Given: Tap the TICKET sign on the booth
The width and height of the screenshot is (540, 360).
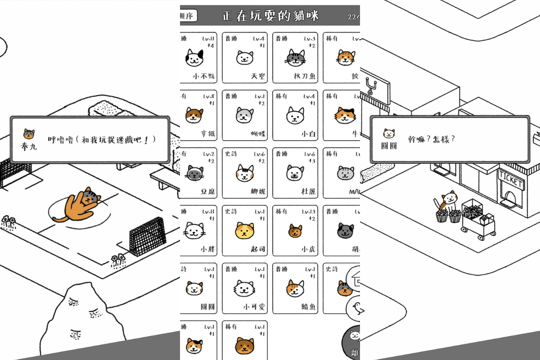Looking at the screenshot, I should (x=511, y=181).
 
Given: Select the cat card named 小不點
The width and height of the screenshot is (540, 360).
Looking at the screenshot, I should (x=198, y=58).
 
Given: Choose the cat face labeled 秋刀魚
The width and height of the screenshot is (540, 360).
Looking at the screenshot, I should (x=295, y=57).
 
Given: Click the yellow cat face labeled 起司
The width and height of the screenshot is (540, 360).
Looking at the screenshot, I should (x=244, y=231).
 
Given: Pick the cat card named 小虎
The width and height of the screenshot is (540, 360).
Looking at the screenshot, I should (x=295, y=230).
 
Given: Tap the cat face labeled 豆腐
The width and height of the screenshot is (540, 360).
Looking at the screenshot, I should (x=194, y=173).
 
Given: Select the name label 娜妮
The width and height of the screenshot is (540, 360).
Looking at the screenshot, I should (x=257, y=192).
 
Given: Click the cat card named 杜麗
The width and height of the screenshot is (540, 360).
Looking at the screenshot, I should (x=295, y=173).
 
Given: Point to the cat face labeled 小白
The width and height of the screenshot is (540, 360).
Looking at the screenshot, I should (x=295, y=116).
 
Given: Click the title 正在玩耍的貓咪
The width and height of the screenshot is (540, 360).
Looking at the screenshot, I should (x=270, y=16).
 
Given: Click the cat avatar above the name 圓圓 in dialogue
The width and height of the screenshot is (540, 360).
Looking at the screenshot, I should (x=388, y=134).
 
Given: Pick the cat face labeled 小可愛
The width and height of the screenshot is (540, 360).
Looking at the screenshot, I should (x=244, y=288).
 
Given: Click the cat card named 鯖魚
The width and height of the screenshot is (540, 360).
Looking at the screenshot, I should (x=295, y=288).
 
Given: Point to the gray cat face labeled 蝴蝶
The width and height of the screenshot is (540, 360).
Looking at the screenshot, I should (x=244, y=115).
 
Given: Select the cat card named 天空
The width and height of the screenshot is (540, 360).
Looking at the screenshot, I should (x=244, y=58).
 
